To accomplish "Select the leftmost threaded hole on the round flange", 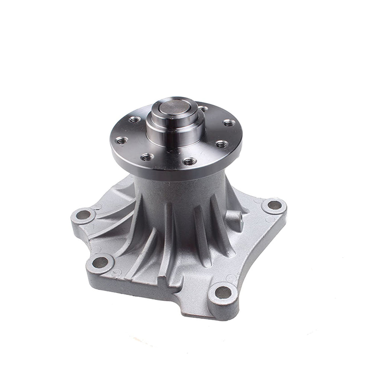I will pos(121,140).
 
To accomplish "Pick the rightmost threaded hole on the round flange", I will pos(229,122).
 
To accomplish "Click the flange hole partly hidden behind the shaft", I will pos(203,109).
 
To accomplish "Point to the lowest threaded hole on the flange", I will pos(189,161).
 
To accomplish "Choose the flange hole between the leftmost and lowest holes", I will pos(147,157).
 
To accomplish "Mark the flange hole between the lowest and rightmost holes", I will pos(222,144).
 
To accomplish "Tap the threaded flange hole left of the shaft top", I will pos(135,119).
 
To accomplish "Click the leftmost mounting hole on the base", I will pos(84,214).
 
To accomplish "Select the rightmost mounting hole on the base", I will pos(275,205).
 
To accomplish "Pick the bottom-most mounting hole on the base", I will pos(223,292).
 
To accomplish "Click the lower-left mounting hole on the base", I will pos(100,262).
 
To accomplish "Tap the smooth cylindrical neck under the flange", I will pos(179,186).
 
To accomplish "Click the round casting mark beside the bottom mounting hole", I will pos(231,277).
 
